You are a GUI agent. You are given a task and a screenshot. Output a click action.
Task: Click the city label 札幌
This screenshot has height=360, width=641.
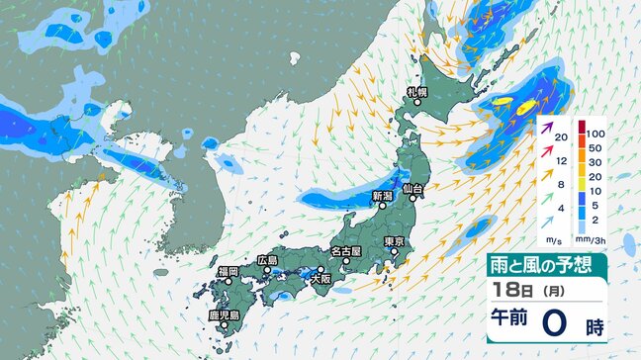[415, 92]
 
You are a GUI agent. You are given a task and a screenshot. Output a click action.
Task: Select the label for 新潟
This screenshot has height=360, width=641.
[383, 197]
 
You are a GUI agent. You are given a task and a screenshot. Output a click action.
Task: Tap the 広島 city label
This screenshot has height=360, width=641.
[267, 259]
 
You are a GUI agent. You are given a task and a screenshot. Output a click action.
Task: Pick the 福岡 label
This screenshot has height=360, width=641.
[228, 271]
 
